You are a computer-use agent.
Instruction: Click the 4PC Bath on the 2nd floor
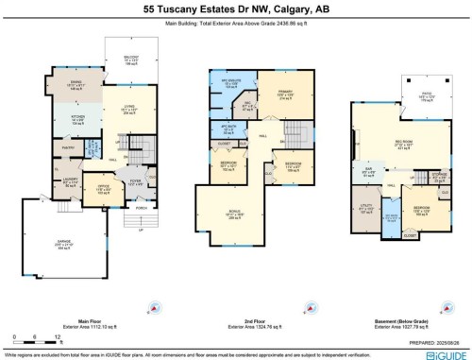(228, 129)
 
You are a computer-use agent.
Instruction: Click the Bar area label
(368, 174)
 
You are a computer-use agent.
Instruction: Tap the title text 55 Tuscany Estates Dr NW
(235, 8)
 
